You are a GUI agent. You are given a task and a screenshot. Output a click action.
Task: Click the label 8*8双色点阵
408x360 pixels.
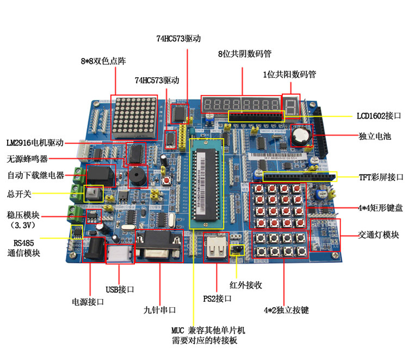click(x=103, y=61)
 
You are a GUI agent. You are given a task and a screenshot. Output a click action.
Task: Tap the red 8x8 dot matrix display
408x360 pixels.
click(x=133, y=117)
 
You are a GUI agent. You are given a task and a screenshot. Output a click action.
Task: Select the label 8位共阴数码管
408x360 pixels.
click(x=245, y=54)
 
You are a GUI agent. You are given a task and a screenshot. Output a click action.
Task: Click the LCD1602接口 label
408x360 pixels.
click(x=379, y=116)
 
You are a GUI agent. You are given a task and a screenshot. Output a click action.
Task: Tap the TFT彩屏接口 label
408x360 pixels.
click(x=380, y=177)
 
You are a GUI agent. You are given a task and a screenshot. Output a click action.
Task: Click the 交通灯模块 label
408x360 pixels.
click(x=378, y=235)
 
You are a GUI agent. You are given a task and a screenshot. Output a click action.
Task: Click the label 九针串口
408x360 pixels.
click(x=160, y=310)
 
